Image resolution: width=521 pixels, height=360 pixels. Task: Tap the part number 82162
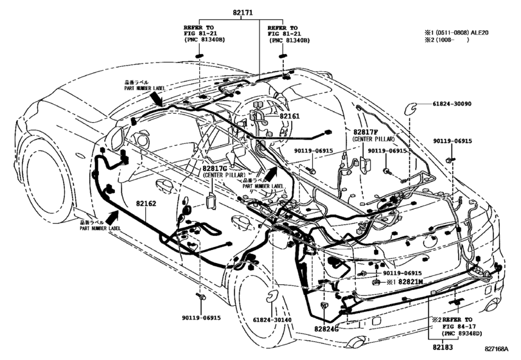coord(146,203)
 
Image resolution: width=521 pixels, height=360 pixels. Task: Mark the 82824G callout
coord(327,328)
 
